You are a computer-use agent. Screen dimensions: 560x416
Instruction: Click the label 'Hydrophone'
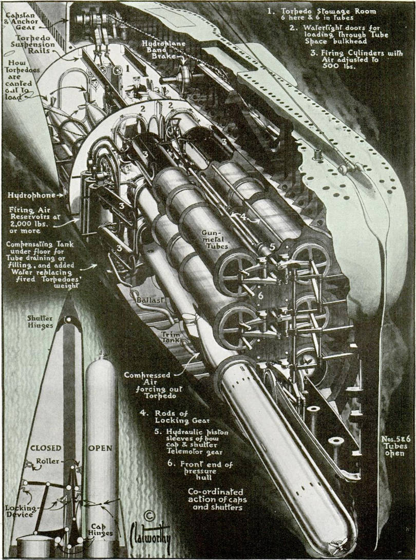pyautogui.click(x=31, y=195)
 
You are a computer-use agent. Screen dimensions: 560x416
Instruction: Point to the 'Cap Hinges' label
pyautogui.click(x=94, y=530)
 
